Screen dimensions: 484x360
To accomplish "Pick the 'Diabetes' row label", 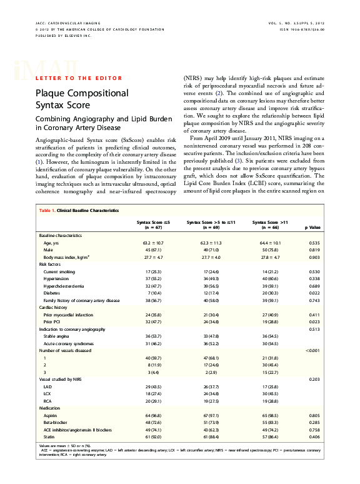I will [52, 293].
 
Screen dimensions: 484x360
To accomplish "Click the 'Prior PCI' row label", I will [54, 322].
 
